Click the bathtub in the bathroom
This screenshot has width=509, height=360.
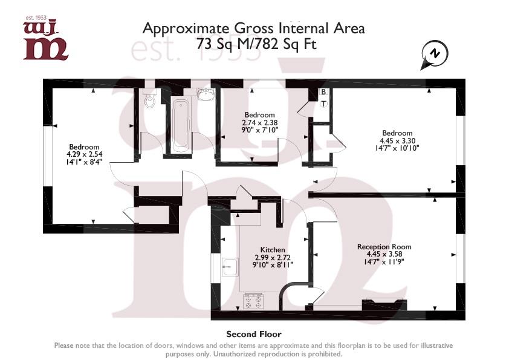[180, 126]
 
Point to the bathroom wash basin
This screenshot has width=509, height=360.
[206, 96]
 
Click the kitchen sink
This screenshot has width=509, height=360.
[230, 267]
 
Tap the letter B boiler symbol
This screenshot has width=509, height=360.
[323, 92]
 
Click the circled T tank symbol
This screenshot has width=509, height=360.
[323, 103]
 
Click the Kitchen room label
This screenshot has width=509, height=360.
[272, 249]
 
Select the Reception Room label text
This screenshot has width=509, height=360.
[384, 246]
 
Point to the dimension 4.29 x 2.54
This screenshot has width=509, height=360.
[84, 154]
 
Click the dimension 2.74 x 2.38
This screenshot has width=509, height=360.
[259, 122]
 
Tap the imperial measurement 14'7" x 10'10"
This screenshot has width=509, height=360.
[397, 148]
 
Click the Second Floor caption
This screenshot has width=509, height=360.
[253, 334]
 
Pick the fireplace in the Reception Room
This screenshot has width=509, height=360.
[384, 305]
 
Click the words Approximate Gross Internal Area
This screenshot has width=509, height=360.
[254, 28]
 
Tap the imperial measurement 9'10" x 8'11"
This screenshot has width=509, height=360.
[272, 264]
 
